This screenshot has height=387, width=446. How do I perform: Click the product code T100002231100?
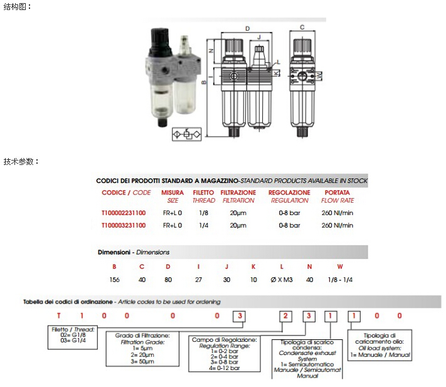click(x=123, y=213)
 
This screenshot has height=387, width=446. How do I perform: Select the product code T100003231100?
click(x=123, y=225)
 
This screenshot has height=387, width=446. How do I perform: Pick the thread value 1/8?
click(x=203, y=213)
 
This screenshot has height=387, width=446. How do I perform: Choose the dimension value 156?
click(x=115, y=280)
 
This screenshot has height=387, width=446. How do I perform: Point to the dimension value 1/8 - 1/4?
click(x=340, y=280)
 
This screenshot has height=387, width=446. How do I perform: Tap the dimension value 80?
click(x=167, y=280)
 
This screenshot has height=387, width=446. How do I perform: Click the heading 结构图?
click(x=17, y=6)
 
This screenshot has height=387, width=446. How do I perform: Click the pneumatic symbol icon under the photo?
click(x=186, y=134)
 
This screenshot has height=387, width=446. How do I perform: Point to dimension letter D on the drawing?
click(x=248, y=29)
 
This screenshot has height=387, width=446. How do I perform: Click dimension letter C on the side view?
click(x=302, y=28)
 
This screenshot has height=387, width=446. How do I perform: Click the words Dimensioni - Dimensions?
click(x=134, y=252)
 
